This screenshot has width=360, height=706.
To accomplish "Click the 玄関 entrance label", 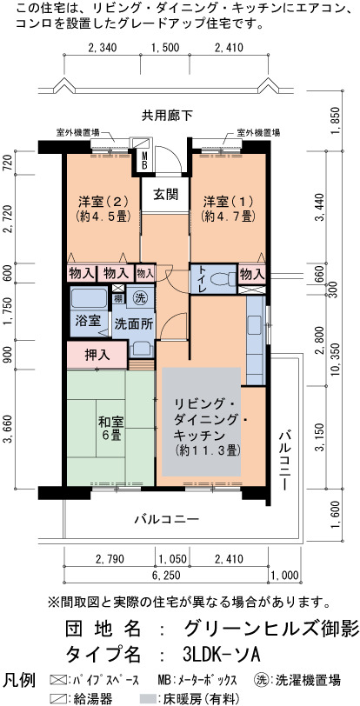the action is pos(165,195).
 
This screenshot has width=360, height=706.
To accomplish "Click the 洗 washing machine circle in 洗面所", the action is pos(139,296).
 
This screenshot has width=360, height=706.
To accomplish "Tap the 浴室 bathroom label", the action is pos(88,322).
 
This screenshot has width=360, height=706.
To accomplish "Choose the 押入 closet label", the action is pos(97,356).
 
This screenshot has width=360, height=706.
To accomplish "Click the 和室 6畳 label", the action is pos(110,429).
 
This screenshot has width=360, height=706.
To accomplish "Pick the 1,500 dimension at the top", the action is pos(164,48).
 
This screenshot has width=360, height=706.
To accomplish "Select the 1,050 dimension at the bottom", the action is pos(172,559).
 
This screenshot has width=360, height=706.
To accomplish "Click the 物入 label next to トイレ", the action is pos(251,273).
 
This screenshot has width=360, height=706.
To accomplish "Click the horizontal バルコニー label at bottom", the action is pos(167,519).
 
